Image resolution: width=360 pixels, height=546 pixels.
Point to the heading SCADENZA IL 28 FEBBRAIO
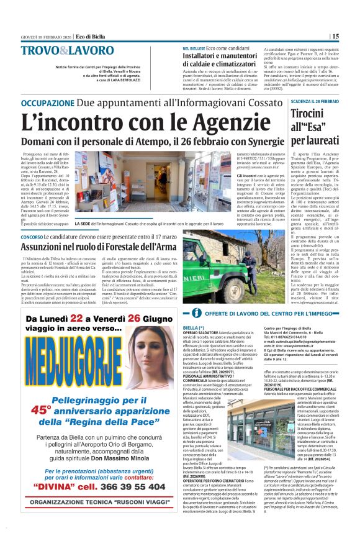coord(332,101)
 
